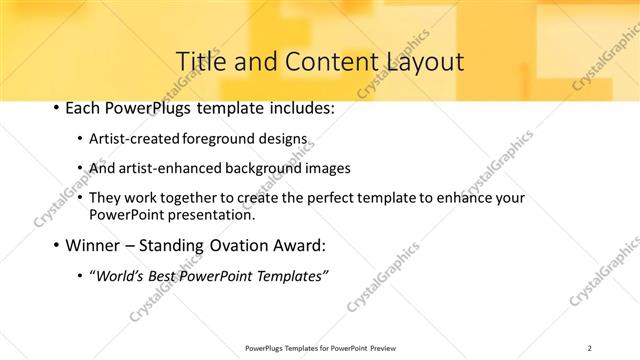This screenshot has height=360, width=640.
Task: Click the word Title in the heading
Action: [199, 61]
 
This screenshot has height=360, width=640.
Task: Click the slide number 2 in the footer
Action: [590, 348]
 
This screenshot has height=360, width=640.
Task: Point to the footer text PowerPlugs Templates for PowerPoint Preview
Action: [319, 348]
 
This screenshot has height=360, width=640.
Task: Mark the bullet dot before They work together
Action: [80, 198]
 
